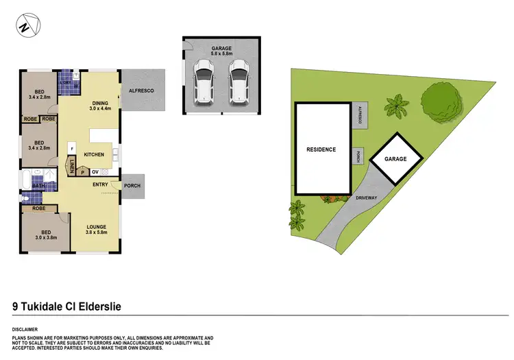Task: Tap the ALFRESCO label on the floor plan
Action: (140, 90)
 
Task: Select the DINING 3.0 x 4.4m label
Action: (100, 104)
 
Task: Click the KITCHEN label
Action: (94, 155)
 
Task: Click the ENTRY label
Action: (100, 184)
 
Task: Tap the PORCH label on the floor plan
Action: (132, 186)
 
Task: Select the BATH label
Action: (38, 185)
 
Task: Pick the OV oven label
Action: (95, 171)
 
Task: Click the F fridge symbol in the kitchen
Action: (71, 145)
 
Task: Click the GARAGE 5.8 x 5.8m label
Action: (221, 49)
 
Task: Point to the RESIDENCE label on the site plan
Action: (321, 149)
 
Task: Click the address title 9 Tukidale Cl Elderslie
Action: (66, 307)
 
